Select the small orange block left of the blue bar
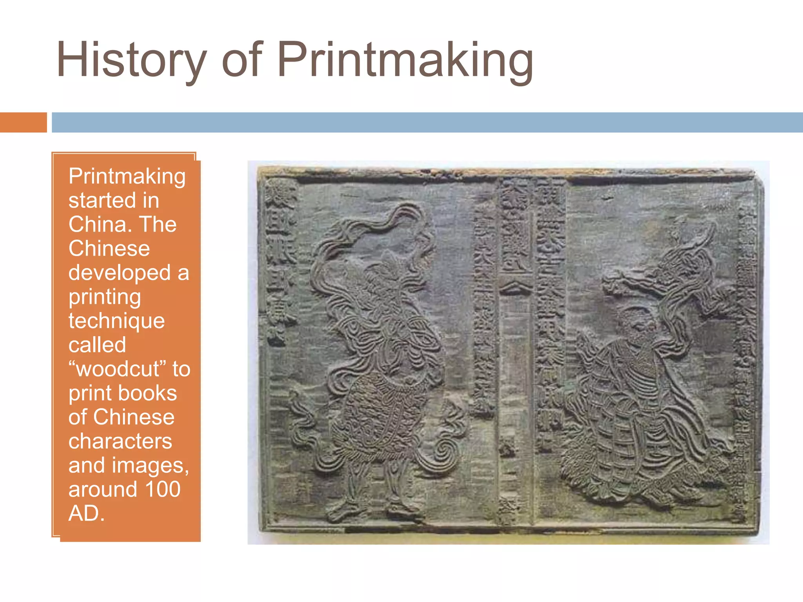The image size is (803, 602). pos(23,122)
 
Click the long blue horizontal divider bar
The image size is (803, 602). pos(427,122)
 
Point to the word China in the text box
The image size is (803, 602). pos(98,224)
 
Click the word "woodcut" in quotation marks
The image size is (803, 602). pos(118,369)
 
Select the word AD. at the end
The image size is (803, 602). pos(87,513)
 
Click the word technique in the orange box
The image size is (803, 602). pos(116,321)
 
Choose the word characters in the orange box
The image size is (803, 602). pos(120,441)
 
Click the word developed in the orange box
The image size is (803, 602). pos(120,272)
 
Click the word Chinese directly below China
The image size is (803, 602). pos(109,248)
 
